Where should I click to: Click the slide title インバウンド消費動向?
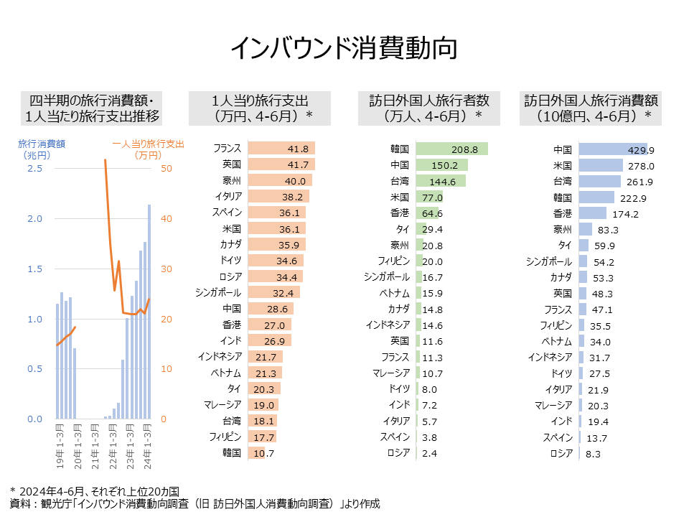pos(344,48)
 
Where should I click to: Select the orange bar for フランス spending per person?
pos(281,149)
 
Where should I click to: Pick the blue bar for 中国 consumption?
pos(612,149)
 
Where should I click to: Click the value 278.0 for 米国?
pos(640,166)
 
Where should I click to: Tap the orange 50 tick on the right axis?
pos(166,169)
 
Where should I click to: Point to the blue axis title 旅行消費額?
pos(42,144)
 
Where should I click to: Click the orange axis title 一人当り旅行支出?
pos(148,144)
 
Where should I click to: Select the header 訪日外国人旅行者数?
pos(429,101)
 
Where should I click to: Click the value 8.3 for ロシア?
pos(593,454)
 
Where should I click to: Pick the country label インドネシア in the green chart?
pos(388,325)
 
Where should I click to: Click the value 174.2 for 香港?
pos(626,214)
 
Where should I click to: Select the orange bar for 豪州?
pos(278,181)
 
